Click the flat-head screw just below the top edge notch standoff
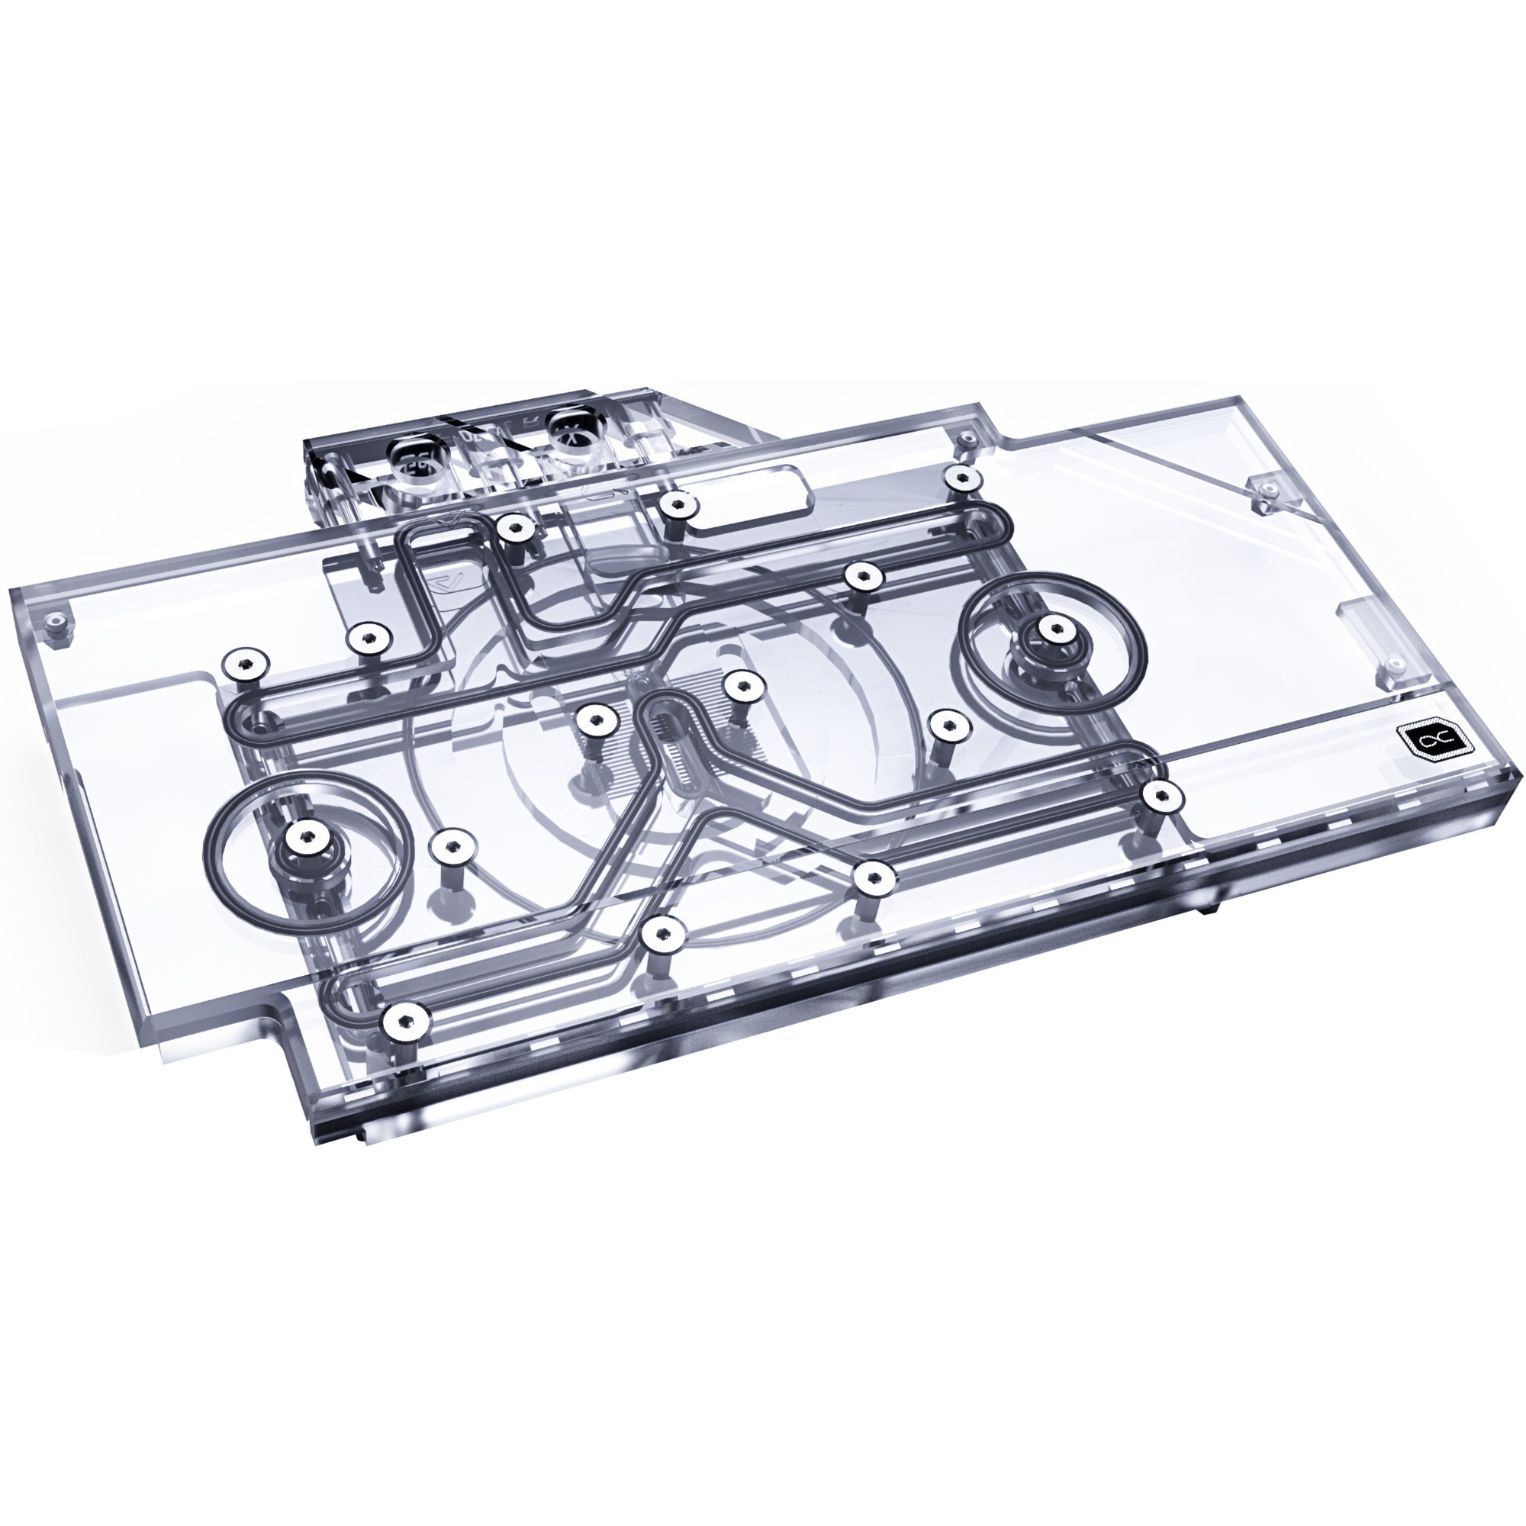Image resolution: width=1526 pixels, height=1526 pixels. [x=961, y=476]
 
